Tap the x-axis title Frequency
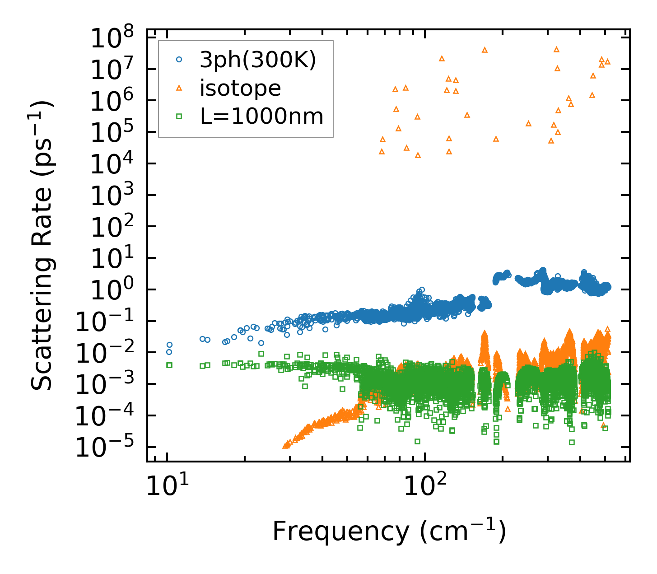(x=388, y=531)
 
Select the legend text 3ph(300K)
(x=258, y=60)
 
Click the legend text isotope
(x=240, y=88)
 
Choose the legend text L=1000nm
(x=261, y=117)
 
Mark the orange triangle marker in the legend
(x=179, y=88)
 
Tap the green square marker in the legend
(x=179, y=117)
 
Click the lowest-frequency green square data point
(x=169, y=365)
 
